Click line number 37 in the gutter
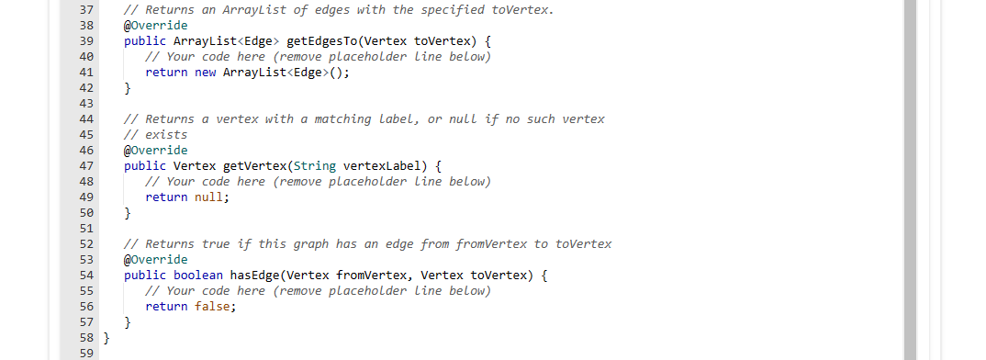[x=87, y=9]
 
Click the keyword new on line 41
[x=206, y=72]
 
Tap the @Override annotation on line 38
[x=155, y=25]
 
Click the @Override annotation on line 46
[x=155, y=150]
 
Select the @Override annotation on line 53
[x=155, y=259]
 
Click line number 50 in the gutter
[x=87, y=212]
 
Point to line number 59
[x=87, y=353]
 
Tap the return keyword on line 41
[x=166, y=72]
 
